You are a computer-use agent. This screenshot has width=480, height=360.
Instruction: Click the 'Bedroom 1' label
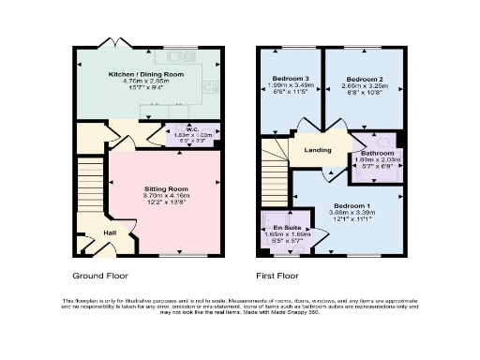click(352, 205)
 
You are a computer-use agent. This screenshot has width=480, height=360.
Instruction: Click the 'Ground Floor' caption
click(99, 277)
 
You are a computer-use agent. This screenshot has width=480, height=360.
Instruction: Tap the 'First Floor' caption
click(278, 277)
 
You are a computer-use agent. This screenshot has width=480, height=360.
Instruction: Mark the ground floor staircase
click(88, 187)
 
